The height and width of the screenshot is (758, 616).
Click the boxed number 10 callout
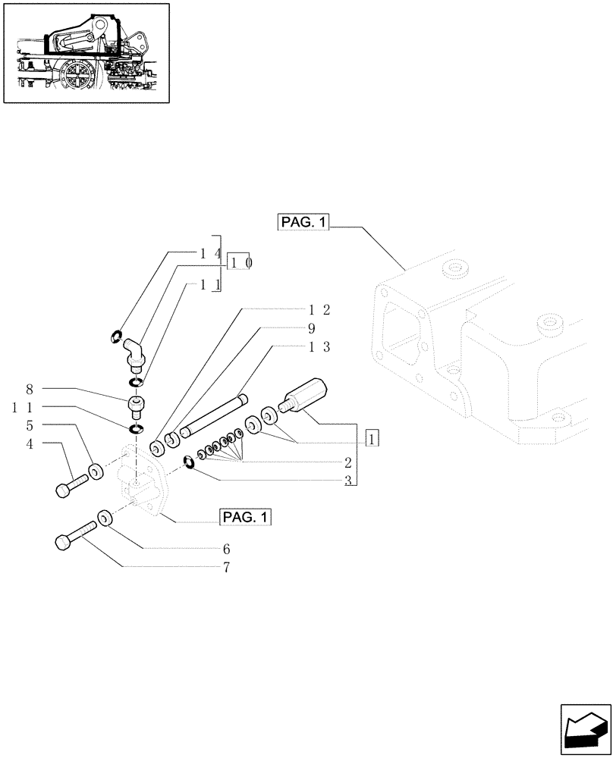(x=240, y=262)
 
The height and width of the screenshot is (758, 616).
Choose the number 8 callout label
(x=30, y=390)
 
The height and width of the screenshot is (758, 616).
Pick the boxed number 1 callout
(x=372, y=439)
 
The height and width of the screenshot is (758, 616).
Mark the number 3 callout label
(x=347, y=481)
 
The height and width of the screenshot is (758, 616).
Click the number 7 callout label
(x=225, y=566)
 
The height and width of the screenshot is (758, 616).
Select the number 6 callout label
(x=226, y=548)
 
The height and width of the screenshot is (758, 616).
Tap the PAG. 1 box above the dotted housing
(x=302, y=223)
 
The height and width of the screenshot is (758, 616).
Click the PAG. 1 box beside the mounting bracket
(x=245, y=517)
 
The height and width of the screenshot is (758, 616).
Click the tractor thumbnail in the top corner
(x=86, y=52)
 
